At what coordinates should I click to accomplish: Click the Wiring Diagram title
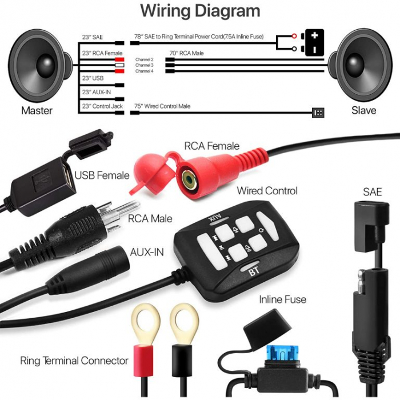(200, 11)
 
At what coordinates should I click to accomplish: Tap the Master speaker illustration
(41, 65)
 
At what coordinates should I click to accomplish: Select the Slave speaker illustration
(360, 65)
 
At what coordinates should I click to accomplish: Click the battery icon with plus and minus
(314, 43)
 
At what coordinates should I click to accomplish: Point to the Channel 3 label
(145, 65)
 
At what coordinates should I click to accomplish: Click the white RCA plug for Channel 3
(119, 65)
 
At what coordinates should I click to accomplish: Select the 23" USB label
(93, 78)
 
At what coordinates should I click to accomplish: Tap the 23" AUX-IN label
(97, 92)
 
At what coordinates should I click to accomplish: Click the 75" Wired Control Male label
(162, 106)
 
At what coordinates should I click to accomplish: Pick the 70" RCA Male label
(186, 53)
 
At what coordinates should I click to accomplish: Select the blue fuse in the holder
(283, 353)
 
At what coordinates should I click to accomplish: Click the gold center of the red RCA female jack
(189, 180)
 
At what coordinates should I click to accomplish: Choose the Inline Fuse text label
(283, 299)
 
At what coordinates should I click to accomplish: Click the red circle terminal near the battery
(294, 36)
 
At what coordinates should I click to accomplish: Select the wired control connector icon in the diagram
(318, 113)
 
